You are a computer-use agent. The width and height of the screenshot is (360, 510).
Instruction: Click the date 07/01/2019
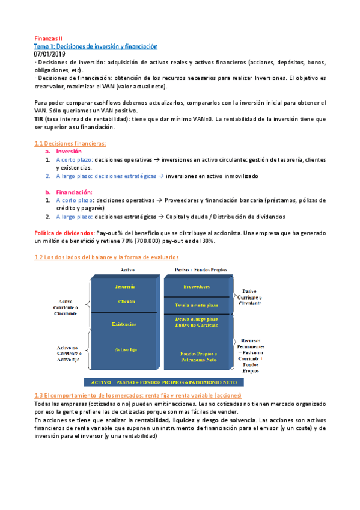(x=51, y=54)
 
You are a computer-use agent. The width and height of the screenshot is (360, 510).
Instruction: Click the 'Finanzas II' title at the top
(x=47, y=38)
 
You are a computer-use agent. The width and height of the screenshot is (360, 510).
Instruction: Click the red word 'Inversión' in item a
(x=69, y=152)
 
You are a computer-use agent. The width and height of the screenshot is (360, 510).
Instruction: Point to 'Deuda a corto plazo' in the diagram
(x=198, y=306)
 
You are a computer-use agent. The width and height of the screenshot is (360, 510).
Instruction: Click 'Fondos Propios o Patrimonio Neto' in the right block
(x=198, y=357)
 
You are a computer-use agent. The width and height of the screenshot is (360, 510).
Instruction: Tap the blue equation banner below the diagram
(x=162, y=382)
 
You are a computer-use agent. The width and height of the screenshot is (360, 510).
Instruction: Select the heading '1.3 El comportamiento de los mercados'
(x=137, y=395)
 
